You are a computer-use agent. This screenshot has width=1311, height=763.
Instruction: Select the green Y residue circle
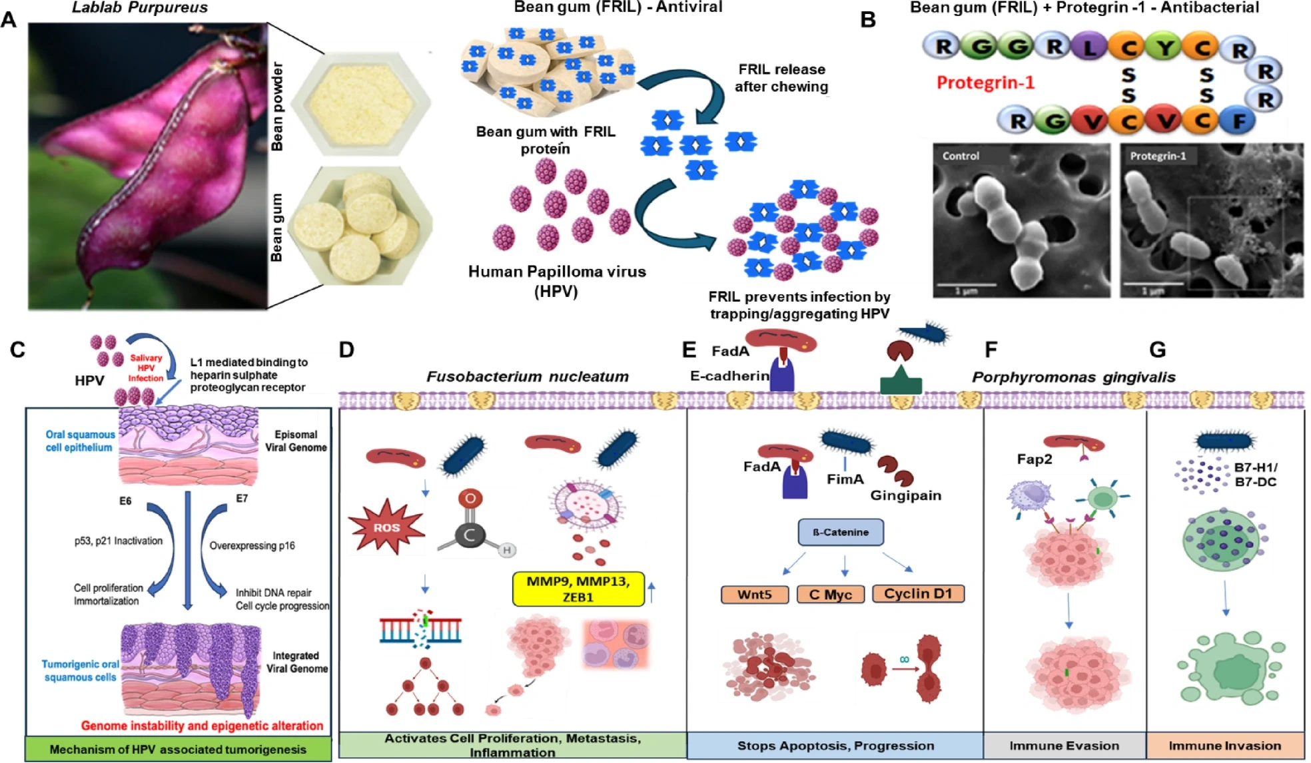pyautogui.click(x=1164, y=48)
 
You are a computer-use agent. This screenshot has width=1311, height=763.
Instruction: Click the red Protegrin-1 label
pyautogui.click(x=985, y=83)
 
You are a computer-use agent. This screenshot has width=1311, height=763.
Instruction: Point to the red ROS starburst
pyautogui.click(x=386, y=527)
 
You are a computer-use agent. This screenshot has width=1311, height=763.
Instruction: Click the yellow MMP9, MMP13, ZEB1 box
pyautogui.click(x=578, y=589)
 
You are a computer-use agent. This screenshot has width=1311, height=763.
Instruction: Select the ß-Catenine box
pyautogui.click(x=841, y=532)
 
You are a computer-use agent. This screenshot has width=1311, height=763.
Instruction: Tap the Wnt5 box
pyautogui.click(x=754, y=594)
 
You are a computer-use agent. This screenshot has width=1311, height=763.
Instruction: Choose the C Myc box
pyautogui.click(x=830, y=594)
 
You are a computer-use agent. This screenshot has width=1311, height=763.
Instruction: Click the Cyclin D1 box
pyautogui.click(x=917, y=593)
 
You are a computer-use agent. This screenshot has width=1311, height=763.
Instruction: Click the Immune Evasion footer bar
pyautogui.click(x=1064, y=746)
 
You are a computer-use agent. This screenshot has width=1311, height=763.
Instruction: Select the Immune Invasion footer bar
pyautogui.click(x=1224, y=746)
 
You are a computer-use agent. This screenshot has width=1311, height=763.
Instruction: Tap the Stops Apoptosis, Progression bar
pyautogui.click(x=835, y=746)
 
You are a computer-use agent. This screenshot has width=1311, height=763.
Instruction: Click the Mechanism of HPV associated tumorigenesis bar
pyautogui.click(x=178, y=749)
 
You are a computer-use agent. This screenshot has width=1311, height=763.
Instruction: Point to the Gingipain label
pyautogui.click(x=905, y=495)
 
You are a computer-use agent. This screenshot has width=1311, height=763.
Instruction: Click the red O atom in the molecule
pyautogui.click(x=470, y=499)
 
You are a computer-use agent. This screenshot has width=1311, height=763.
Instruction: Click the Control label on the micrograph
pyautogui.click(x=960, y=156)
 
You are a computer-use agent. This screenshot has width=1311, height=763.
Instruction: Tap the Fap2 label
pyautogui.click(x=1034, y=459)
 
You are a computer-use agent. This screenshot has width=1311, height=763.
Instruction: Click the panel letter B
pyautogui.click(x=867, y=20)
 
